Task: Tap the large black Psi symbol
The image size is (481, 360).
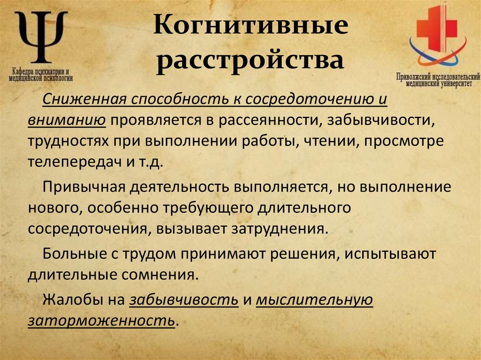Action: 41,37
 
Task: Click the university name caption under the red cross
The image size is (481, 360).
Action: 438,78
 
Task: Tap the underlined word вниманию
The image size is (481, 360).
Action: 66,119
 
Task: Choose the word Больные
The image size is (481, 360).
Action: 70,253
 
